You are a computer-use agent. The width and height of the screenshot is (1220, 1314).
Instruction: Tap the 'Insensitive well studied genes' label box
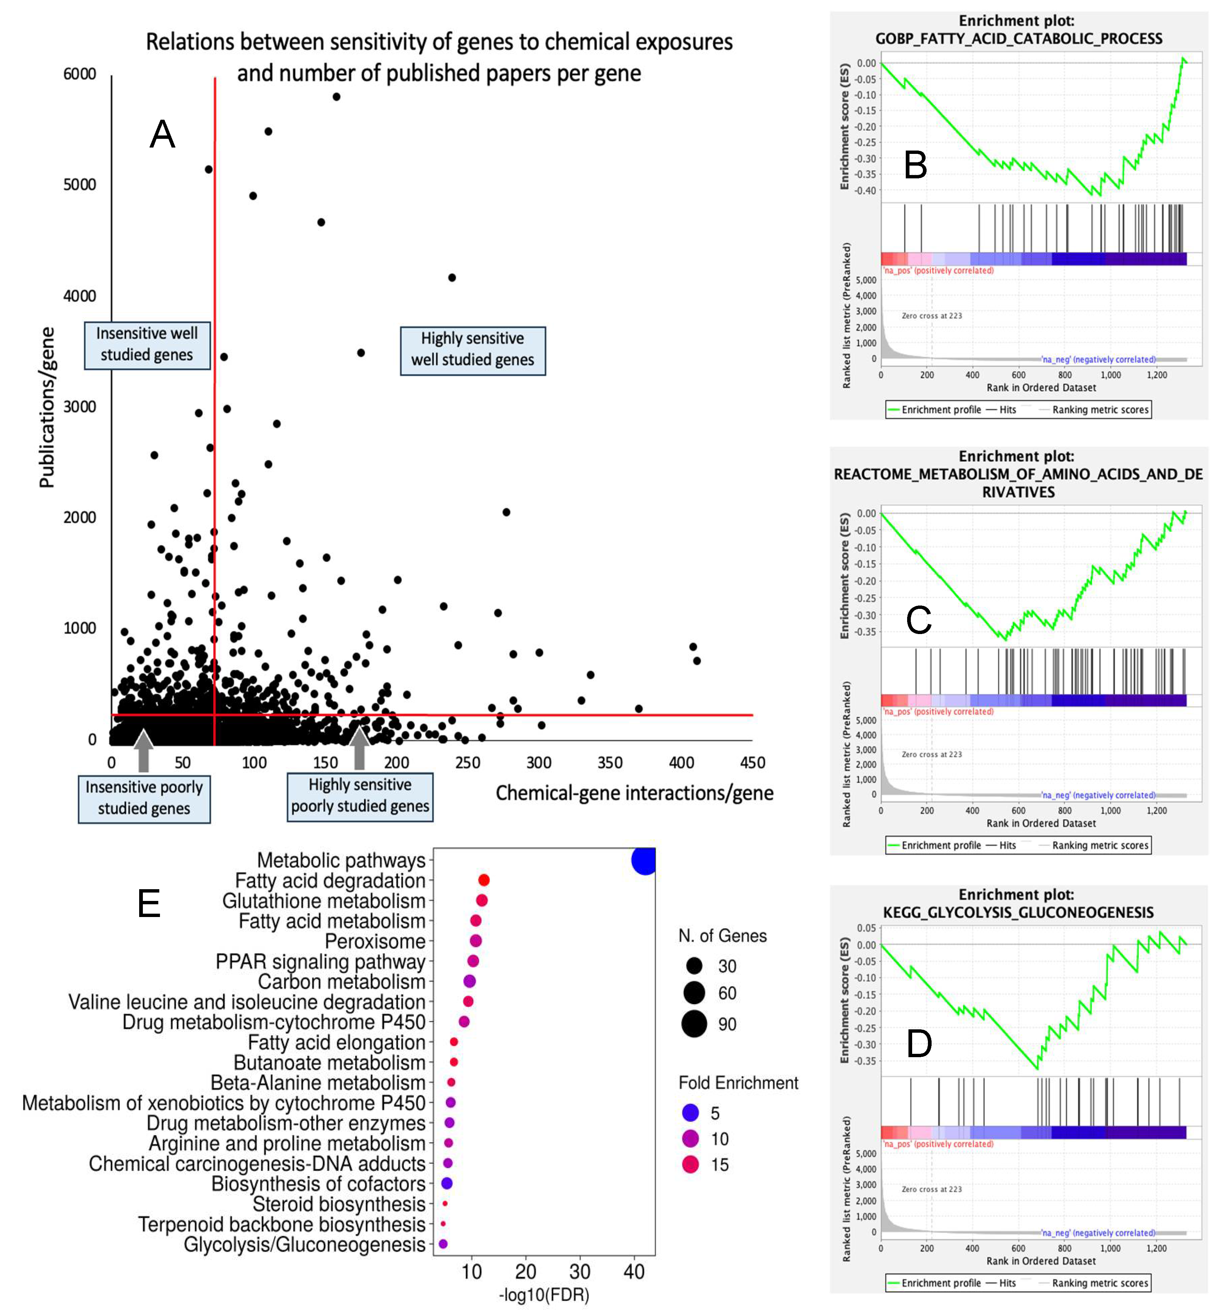[x=147, y=344]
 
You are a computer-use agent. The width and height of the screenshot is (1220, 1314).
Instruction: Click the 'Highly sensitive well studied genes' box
[x=473, y=350]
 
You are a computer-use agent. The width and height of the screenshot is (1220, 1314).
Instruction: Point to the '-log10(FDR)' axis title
[x=544, y=1295]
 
